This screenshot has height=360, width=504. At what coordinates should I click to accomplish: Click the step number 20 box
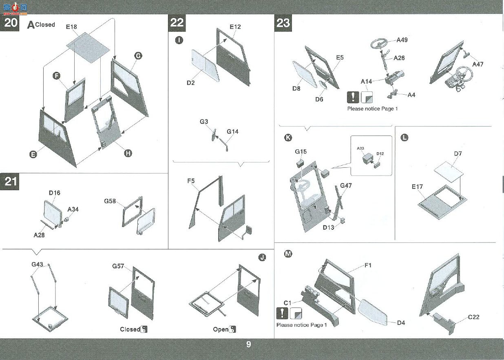click(9, 23)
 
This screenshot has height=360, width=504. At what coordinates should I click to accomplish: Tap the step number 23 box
click(283, 23)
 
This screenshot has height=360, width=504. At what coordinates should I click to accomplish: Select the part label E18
click(71, 27)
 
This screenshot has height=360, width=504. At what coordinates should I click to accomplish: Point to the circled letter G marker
click(138, 56)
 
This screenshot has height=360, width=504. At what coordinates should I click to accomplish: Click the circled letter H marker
click(128, 153)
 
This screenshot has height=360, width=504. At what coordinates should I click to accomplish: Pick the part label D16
click(55, 193)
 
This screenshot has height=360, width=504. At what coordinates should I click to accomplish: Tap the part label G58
click(110, 201)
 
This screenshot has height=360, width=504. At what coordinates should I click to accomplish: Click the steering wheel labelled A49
click(379, 43)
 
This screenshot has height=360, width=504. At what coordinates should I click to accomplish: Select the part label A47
click(477, 64)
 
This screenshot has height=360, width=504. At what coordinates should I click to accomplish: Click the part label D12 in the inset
click(380, 153)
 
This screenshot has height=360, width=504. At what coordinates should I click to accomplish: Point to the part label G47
click(346, 185)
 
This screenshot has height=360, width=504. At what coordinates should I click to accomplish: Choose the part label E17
click(417, 187)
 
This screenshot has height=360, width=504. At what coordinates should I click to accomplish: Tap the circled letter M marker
click(288, 254)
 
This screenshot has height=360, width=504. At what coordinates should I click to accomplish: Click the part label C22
click(474, 317)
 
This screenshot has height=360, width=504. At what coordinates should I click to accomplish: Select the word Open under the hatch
click(221, 329)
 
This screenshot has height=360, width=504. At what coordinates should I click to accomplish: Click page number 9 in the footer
click(249, 344)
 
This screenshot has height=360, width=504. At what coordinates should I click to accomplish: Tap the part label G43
click(37, 264)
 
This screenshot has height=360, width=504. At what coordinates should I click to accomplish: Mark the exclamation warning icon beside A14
click(353, 97)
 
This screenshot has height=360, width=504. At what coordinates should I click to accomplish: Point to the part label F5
click(191, 181)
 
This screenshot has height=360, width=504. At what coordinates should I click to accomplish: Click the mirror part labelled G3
click(214, 135)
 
